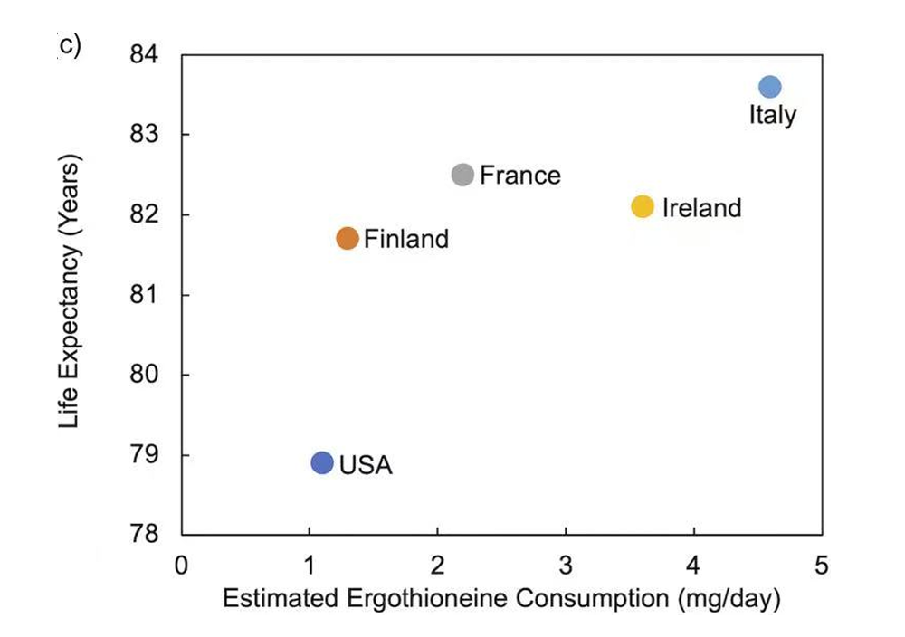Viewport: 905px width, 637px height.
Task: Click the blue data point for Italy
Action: pos(769,87)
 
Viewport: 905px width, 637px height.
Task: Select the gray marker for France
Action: pos(462,175)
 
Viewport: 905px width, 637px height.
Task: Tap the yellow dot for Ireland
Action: pos(642,206)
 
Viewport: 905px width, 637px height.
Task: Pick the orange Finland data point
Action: pos(348,239)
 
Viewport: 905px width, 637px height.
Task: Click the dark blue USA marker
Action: pos(322,462)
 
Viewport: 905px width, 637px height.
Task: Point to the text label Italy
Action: pos(772,115)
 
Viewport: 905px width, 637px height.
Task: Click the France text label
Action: pos(519,176)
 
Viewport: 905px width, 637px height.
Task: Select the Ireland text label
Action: pos(701,208)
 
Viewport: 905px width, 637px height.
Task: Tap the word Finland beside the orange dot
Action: pos(405,240)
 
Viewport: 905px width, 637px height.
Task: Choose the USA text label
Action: pos(366,466)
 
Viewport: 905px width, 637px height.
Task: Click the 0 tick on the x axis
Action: pos(182,566)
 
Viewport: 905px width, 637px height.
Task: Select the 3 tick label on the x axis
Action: pos(566,566)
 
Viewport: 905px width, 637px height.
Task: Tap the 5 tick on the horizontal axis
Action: pos(821,566)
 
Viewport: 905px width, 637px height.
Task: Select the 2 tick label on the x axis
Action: pos(438,566)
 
